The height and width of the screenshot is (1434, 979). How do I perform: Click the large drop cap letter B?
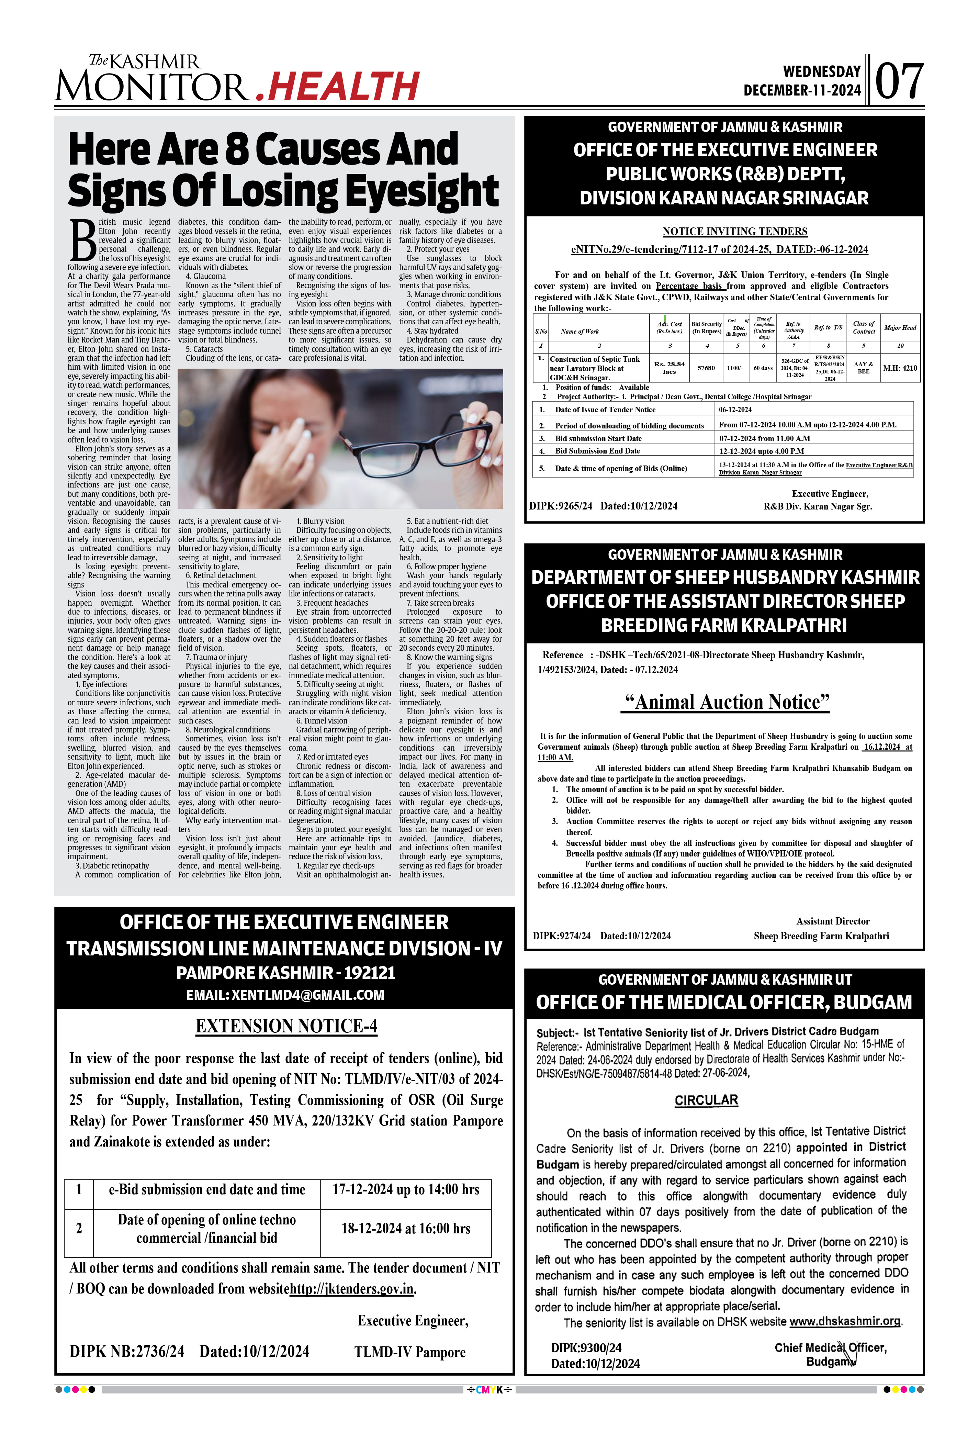[x=83, y=240]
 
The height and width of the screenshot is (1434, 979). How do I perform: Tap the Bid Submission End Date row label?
[x=597, y=451]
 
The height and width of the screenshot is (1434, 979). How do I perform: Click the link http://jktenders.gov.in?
[x=352, y=1289]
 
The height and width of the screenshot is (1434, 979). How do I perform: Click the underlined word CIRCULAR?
[x=706, y=1100]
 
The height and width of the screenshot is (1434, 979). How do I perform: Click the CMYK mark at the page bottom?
[x=489, y=1390]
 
